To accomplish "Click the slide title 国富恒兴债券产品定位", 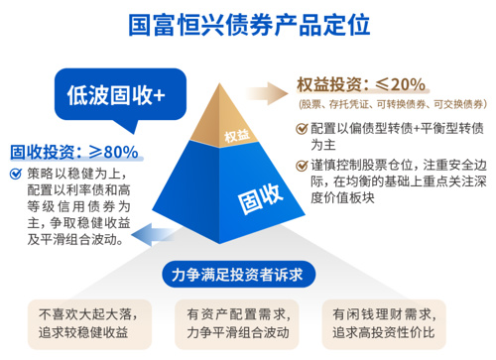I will [248, 23].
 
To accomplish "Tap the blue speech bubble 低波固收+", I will [116, 95].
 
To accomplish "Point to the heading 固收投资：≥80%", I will [74, 153].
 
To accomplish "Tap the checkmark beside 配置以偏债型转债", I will [302, 128].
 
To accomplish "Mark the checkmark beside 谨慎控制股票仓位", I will [302, 165].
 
